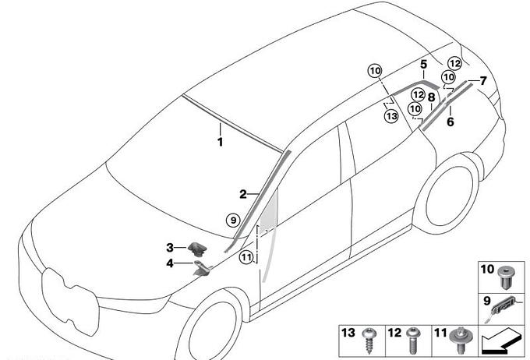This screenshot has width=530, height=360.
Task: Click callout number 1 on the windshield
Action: point(220,143)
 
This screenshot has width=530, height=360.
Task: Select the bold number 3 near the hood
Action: point(169,248)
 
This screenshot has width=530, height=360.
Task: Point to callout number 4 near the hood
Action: point(169,263)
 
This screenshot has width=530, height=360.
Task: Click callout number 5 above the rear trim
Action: point(423,65)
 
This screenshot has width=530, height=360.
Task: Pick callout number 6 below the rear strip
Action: point(450,122)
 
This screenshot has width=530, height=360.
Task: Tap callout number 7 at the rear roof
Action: point(482,80)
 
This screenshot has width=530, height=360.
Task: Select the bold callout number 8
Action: point(431,97)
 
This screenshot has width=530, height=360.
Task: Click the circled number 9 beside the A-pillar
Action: point(231,221)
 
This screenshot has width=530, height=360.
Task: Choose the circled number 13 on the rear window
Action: point(391,116)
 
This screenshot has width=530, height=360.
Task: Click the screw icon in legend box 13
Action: point(369,337)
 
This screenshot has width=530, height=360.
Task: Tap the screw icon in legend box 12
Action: point(414,337)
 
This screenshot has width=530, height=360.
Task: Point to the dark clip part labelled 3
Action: point(196,249)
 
